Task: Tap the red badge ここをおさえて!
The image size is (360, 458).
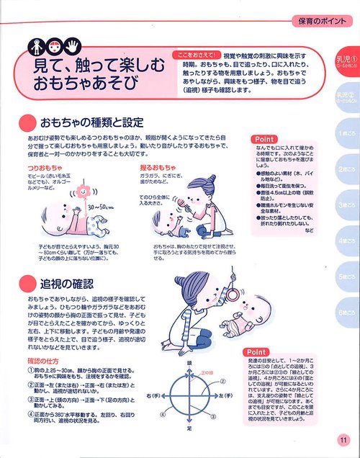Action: click(x=194, y=55)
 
